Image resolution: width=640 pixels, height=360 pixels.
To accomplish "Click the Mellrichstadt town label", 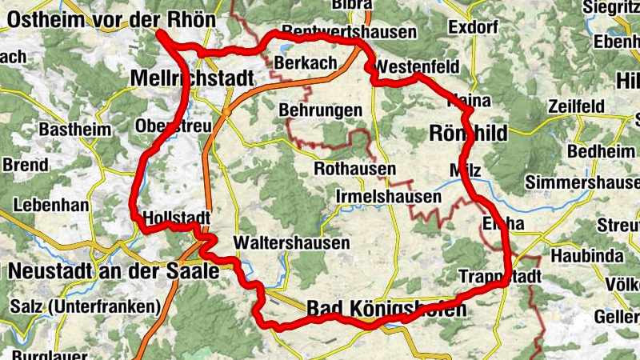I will pyautogui.click(x=190, y=78).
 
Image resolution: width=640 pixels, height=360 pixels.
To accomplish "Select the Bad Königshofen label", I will pyautogui.click(x=386, y=308).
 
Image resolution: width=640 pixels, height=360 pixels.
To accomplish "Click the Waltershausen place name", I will pyautogui.click(x=291, y=243).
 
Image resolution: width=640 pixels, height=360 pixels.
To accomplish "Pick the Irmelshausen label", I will pyautogui.click(x=388, y=197).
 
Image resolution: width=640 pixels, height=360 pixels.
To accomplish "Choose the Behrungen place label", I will pyautogui.click(x=321, y=110).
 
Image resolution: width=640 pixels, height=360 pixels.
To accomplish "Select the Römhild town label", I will pyautogui.click(x=469, y=134).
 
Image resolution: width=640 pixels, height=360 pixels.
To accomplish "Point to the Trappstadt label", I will pyautogui.click(x=501, y=277).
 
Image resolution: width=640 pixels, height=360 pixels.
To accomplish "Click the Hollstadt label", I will pyautogui.click(x=176, y=218).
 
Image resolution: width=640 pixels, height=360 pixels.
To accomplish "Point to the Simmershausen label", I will pyautogui.click(x=582, y=183).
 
